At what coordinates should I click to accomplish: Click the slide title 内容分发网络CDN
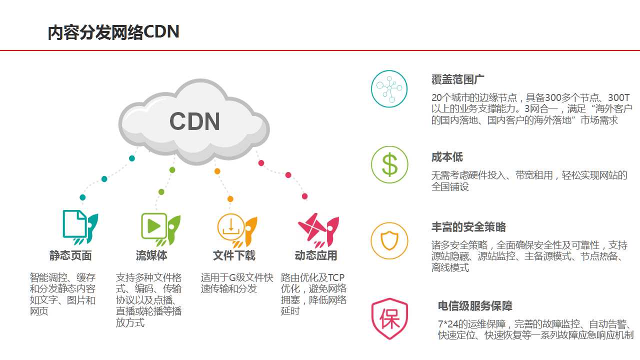pyautogui.click(x=113, y=32)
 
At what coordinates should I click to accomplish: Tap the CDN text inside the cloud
pyautogui.click(x=194, y=121)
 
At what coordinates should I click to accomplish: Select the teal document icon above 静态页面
pyautogui.click(x=80, y=227)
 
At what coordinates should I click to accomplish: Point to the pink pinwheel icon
pyautogui.click(x=318, y=230)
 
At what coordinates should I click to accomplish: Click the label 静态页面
pyautogui.click(x=70, y=255)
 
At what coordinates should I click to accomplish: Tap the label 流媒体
pyautogui.click(x=151, y=255)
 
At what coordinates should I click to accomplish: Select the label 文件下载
pyautogui.click(x=234, y=255)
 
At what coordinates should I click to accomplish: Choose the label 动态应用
pyautogui.click(x=316, y=255)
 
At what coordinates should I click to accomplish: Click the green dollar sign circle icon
pyautogui.click(x=389, y=164)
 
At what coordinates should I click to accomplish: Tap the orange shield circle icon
pyautogui.click(x=389, y=241)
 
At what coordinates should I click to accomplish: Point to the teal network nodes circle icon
pyautogui.click(x=389, y=88)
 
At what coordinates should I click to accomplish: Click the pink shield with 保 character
pyautogui.click(x=389, y=318)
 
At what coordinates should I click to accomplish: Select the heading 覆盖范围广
pyautogui.click(x=457, y=79)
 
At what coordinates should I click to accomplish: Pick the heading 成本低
pyautogui.click(x=447, y=157)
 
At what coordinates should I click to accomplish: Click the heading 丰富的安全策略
pyautogui.click(x=468, y=227)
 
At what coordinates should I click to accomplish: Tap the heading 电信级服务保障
pyautogui.click(x=475, y=306)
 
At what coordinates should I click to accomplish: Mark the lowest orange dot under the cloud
pyautogui.click(x=230, y=199)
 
